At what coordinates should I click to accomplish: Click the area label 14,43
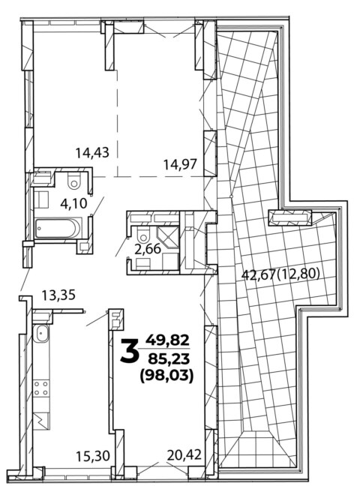point(92,153)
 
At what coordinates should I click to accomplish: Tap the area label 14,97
point(180,164)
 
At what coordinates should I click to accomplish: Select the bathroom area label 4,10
point(73,203)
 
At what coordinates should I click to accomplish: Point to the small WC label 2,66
point(148,249)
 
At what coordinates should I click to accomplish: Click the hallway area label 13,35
point(58,295)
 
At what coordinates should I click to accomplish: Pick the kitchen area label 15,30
point(93,455)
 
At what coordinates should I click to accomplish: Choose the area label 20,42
point(184,455)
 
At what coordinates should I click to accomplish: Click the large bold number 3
point(130,350)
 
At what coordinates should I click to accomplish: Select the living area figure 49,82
point(167,340)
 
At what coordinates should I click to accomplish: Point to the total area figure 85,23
point(167,358)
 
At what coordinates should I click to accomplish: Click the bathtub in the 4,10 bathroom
point(58,228)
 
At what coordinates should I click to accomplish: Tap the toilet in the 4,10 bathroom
point(74,181)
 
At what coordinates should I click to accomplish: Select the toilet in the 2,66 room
point(143,234)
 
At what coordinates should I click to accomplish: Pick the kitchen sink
point(41,334)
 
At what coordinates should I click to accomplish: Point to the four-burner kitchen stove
point(41,388)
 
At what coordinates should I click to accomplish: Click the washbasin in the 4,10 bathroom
point(41,199)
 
